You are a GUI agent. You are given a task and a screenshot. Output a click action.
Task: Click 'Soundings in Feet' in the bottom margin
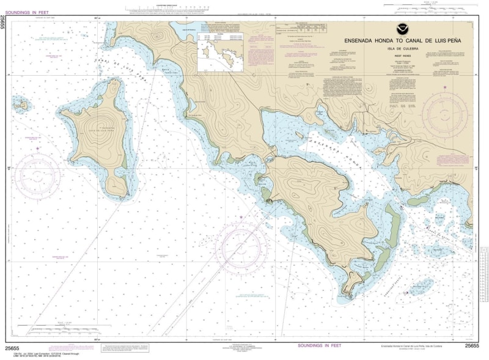pyautogui.click(x=318, y=346)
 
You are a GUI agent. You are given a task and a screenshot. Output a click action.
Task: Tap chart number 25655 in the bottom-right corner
pyautogui.click(x=471, y=346)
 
